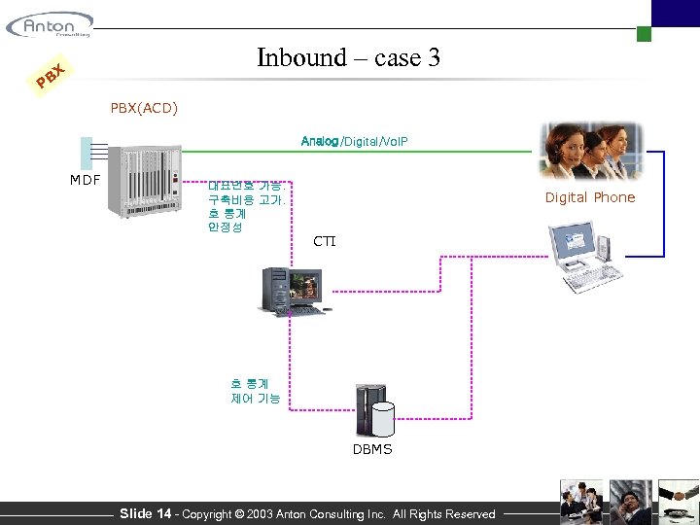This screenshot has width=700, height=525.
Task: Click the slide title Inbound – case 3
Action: (x=348, y=58)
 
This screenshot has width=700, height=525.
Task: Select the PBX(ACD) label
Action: (x=144, y=107)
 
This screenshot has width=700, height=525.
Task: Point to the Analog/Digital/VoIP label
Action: (x=354, y=142)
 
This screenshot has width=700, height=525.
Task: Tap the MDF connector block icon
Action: (x=87, y=154)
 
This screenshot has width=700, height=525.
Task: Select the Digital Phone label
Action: (x=589, y=197)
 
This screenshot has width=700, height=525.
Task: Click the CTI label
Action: (x=324, y=240)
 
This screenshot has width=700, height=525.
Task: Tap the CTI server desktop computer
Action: (x=290, y=291)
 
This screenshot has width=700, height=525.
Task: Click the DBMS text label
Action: (x=372, y=449)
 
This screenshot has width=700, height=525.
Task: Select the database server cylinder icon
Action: (x=376, y=412)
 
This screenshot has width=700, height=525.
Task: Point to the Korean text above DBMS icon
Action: (x=255, y=391)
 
